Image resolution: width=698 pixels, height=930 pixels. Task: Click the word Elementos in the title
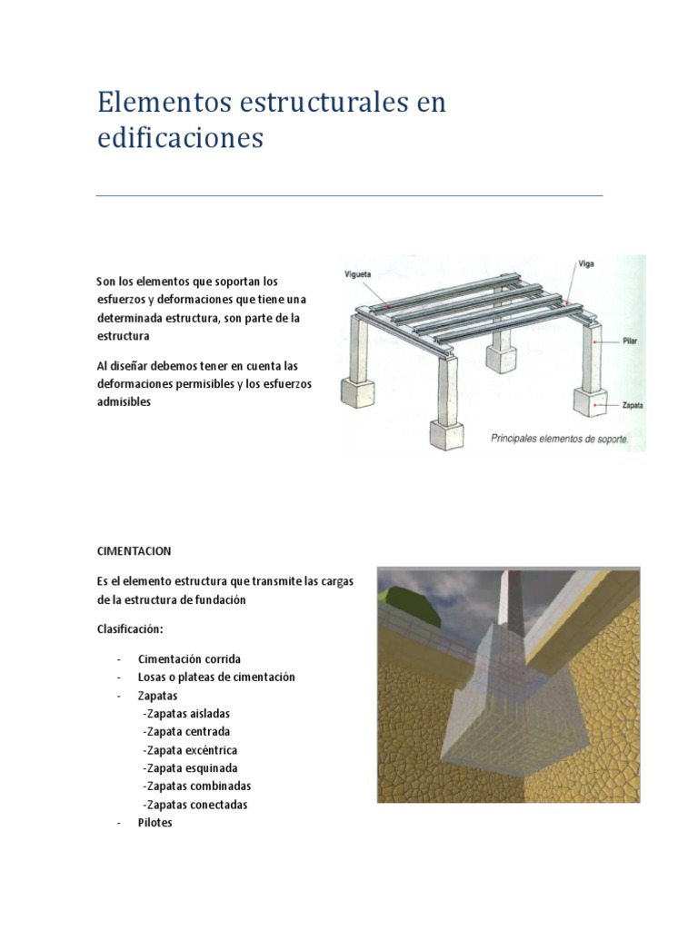[x=165, y=102]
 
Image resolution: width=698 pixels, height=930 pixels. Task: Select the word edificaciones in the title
[x=181, y=138]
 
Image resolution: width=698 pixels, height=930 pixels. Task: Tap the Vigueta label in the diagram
[x=357, y=274]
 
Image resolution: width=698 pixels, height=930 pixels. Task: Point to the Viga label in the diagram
[x=586, y=264]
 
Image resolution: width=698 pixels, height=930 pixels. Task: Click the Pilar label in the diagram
[x=630, y=341]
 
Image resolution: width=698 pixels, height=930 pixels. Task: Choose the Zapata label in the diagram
[x=633, y=406]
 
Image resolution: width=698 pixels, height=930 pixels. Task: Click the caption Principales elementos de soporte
[x=559, y=439]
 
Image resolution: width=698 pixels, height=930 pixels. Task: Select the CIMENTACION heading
[x=135, y=551]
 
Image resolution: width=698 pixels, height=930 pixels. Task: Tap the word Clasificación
[x=130, y=628]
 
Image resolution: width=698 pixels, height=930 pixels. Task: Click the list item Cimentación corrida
[x=189, y=659]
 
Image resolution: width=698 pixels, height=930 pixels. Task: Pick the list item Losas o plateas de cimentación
[x=216, y=677]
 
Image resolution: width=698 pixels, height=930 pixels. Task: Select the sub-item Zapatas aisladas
[x=186, y=714]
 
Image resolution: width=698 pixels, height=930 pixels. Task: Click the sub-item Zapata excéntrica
[x=190, y=750]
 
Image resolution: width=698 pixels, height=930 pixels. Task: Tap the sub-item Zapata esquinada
[x=190, y=768]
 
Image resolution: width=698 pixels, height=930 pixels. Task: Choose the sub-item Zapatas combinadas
[x=197, y=787]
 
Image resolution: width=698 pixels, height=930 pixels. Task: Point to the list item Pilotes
[x=155, y=823]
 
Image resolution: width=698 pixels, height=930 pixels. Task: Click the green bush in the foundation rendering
[x=416, y=605]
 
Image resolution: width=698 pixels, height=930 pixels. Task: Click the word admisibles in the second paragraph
[x=124, y=401]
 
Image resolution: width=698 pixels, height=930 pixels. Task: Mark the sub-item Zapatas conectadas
[x=195, y=805]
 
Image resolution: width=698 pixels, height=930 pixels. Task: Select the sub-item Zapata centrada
[x=186, y=732]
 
